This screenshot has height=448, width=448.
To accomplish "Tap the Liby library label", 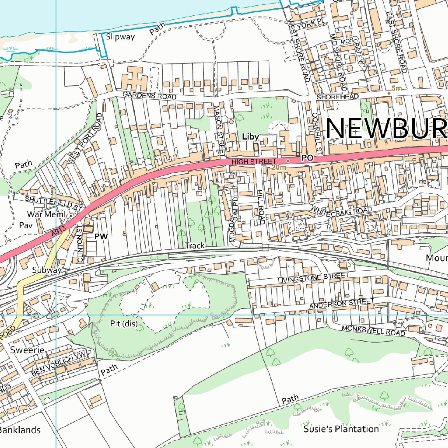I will (250, 137).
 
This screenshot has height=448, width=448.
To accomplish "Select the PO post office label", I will (308, 159).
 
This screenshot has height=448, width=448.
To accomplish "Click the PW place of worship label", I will (101, 236).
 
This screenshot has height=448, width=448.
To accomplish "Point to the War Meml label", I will (45, 214).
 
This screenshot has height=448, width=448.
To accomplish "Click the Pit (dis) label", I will (124, 324).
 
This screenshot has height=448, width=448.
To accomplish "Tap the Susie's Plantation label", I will (341, 429).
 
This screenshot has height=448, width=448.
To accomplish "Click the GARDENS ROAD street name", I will (150, 95).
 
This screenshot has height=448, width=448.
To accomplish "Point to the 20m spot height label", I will (279, 167).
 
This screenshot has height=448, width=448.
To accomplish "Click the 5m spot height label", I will (396, 88).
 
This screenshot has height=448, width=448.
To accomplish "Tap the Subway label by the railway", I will (47, 270).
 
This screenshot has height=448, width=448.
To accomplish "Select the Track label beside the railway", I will (195, 245).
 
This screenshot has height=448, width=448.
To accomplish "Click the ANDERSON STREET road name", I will (341, 303).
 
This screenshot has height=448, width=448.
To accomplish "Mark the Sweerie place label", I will (28, 350).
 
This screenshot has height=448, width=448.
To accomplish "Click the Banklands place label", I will (19, 430).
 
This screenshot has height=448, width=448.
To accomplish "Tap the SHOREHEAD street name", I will (337, 96).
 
